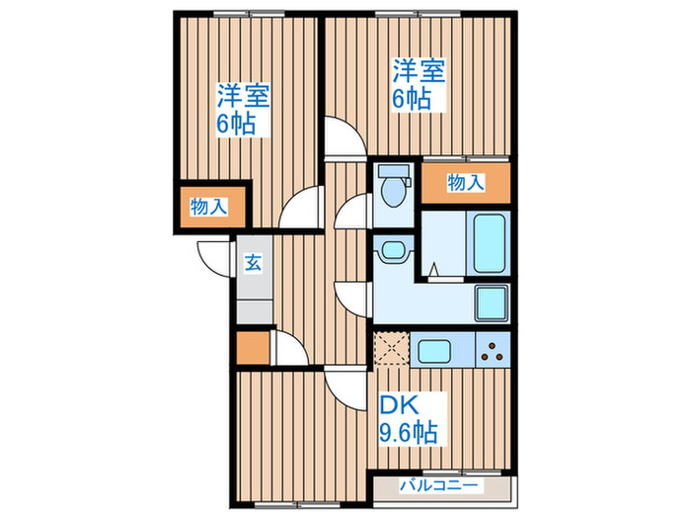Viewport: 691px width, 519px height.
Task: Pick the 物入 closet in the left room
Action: pos(209,207)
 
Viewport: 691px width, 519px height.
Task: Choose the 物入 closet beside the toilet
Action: pos(466,182)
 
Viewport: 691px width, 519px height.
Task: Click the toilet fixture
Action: pos(394,187)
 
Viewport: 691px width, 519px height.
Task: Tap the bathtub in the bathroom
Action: pos(488,243)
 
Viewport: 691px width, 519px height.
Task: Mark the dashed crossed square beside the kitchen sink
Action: pos(389,349)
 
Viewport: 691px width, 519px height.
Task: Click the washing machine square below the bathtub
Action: pos(490,302)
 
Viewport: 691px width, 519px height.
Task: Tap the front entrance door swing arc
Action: pos(214,259)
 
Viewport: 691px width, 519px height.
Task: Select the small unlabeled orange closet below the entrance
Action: pos(252,348)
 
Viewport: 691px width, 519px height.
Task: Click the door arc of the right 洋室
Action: pos(344,137)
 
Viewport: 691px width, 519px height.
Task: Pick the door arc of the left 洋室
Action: pos(297,211)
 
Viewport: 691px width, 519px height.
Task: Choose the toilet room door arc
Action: pos(353,212)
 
